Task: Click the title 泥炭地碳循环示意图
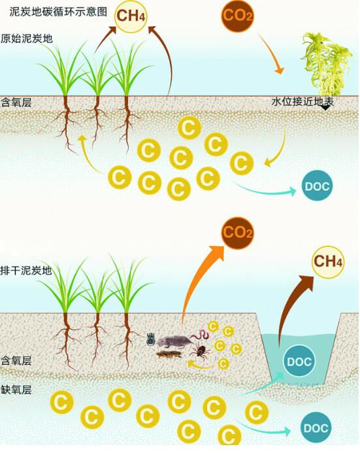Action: (x=58, y=12)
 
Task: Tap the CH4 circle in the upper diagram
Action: (x=131, y=16)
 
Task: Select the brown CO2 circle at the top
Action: (x=237, y=16)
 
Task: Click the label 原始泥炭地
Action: (x=27, y=38)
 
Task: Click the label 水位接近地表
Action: (x=303, y=101)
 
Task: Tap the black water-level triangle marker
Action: (x=325, y=107)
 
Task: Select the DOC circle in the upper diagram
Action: (x=317, y=186)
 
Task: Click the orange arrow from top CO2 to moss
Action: (x=270, y=54)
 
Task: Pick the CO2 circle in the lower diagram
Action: (x=237, y=233)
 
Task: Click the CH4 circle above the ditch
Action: (x=328, y=261)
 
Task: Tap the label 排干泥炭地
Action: (x=26, y=271)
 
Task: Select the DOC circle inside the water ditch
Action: (x=299, y=361)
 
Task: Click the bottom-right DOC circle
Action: (x=316, y=428)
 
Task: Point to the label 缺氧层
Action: (x=16, y=390)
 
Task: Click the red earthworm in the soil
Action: (x=201, y=335)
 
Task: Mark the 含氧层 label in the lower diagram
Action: (x=16, y=360)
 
